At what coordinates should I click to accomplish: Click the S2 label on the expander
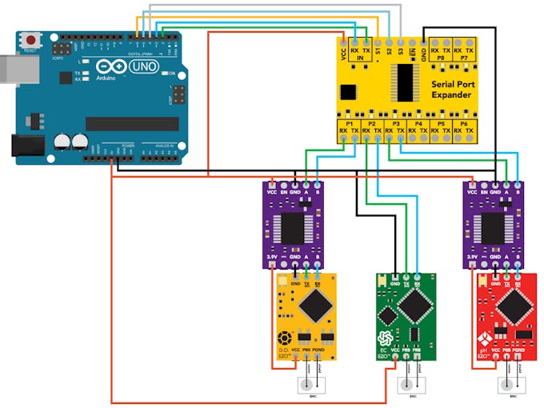[388, 50]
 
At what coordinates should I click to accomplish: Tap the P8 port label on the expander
[441, 58]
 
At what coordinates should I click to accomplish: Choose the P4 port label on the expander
[418, 125]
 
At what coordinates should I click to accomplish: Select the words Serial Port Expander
[452, 89]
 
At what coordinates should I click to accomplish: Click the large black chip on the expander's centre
[405, 82]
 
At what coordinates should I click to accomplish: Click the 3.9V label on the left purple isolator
[272, 257]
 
